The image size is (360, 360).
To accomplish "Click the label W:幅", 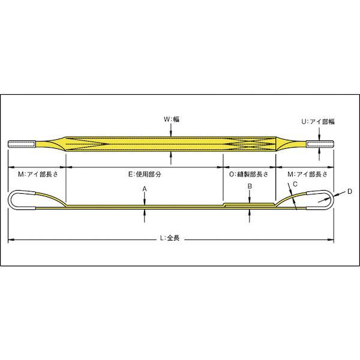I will pos(172,119).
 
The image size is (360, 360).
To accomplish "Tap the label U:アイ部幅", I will pos(317,121).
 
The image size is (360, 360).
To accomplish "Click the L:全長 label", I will pos(171,238).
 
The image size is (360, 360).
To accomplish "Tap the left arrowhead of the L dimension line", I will pos(10,240).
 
